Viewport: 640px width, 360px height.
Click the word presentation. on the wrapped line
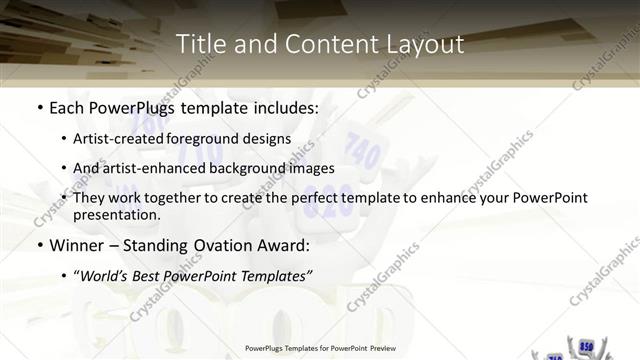click(x=116, y=214)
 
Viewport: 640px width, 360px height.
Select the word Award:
click(x=282, y=244)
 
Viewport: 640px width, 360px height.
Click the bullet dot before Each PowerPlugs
click(x=38, y=106)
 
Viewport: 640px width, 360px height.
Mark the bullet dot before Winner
click(x=38, y=245)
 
